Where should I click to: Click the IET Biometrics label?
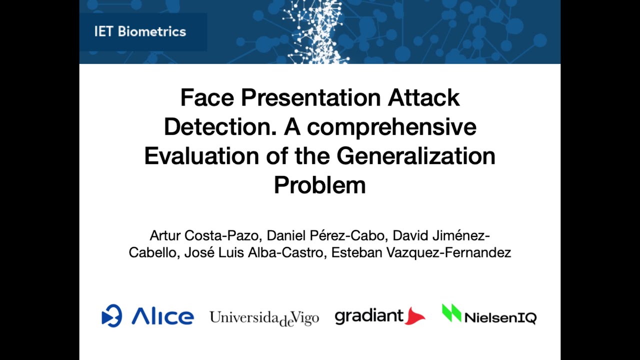(x=140, y=31)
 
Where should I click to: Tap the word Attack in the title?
(x=423, y=97)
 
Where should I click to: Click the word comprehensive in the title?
(x=391, y=127)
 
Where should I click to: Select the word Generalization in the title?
(x=416, y=155)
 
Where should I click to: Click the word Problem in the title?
(x=320, y=184)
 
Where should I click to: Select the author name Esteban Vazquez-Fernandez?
(x=421, y=252)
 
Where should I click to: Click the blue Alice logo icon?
(x=111, y=316)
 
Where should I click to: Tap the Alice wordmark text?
(x=162, y=316)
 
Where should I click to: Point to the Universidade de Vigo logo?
(x=264, y=318)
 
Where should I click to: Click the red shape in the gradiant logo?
(x=414, y=316)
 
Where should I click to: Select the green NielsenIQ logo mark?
(x=451, y=313)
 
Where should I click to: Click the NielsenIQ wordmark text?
(x=500, y=317)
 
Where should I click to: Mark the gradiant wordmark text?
(x=369, y=316)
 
